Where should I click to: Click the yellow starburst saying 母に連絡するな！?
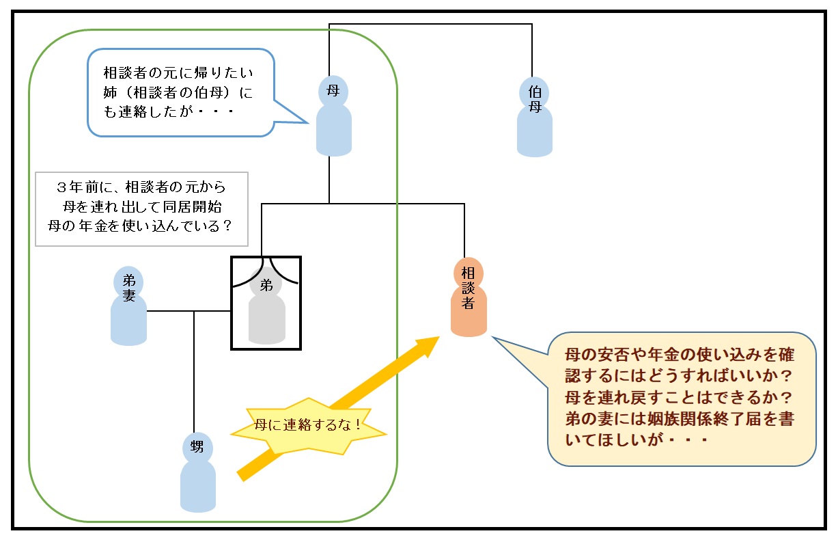click(308, 425)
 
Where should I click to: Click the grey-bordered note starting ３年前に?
click(141, 208)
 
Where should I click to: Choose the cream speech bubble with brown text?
click(682, 399)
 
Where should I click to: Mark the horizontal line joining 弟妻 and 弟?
click(189, 312)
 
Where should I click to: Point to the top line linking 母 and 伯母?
click(430, 25)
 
